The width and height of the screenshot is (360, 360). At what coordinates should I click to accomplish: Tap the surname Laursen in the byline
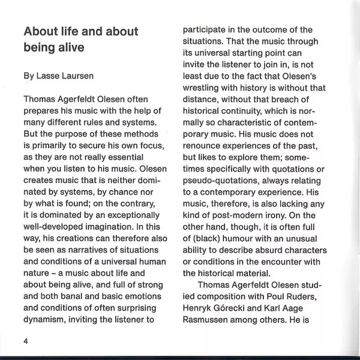point(79,77)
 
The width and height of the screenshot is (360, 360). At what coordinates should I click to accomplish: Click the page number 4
point(26,341)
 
